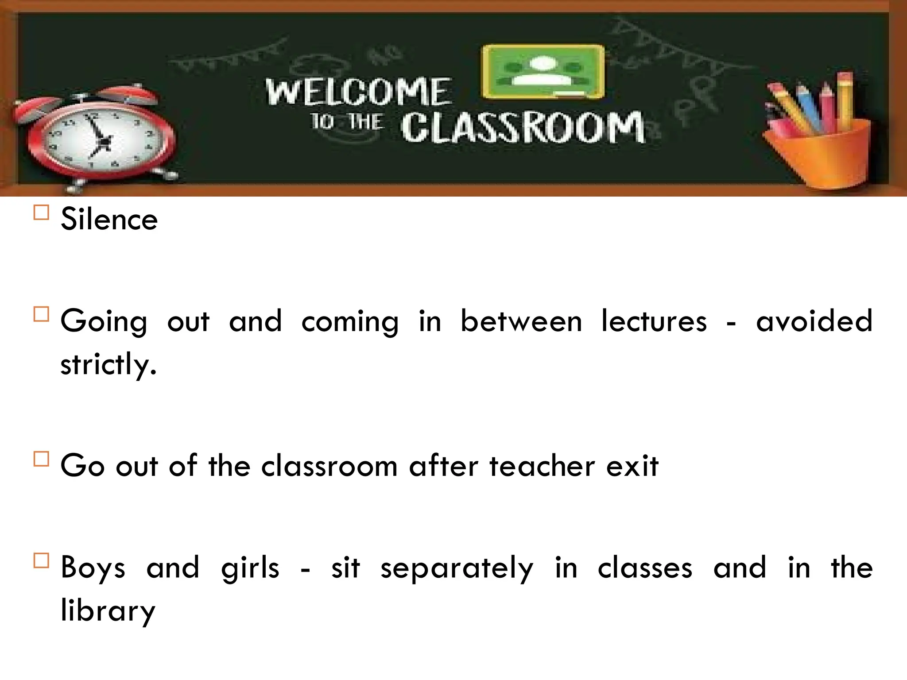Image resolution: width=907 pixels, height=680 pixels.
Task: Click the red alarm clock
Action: click(x=95, y=139)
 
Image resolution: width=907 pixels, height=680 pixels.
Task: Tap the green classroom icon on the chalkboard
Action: click(x=543, y=72)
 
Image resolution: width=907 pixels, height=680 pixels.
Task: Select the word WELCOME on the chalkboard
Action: click(x=359, y=92)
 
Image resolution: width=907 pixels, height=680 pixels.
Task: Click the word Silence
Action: click(x=109, y=219)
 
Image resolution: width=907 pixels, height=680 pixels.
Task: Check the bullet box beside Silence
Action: click(x=41, y=212)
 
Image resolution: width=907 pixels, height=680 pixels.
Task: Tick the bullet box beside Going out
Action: click(x=41, y=314)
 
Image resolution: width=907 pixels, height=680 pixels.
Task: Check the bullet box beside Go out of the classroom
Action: click(x=41, y=459)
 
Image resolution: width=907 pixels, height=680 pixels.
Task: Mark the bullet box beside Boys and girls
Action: click(x=41, y=560)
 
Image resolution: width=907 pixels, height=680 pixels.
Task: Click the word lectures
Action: click(x=654, y=321)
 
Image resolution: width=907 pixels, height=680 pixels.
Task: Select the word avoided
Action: click(x=814, y=321)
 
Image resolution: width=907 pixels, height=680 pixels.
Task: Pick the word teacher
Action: click(x=542, y=466)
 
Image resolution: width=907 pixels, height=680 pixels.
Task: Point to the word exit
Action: click(x=632, y=466)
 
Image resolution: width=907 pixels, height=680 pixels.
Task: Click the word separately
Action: click(x=457, y=568)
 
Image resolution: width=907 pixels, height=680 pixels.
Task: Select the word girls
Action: click(x=250, y=568)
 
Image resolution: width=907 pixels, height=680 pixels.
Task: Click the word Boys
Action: click(x=93, y=568)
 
